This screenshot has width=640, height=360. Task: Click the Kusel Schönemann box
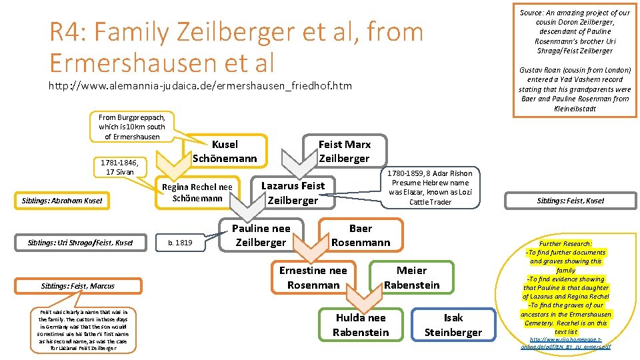[x=224, y=151]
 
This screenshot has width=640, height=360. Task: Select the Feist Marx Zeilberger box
[x=344, y=151]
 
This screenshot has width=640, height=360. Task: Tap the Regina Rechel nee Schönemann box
[x=197, y=193]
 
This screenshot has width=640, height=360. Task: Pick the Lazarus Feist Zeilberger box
[x=293, y=193]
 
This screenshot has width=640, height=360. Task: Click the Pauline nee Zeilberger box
[x=261, y=235]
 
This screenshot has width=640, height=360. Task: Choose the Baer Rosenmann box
[x=361, y=235]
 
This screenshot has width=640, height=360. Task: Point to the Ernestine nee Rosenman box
[x=313, y=277]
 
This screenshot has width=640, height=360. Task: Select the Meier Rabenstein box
[x=411, y=277]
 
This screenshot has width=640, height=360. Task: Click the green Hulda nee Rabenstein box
[x=361, y=325]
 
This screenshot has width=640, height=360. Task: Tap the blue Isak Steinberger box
[x=453, y=325]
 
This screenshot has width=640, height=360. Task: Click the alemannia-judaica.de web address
[x=201, y=86]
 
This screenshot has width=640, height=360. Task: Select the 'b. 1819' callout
[x=179, y=243]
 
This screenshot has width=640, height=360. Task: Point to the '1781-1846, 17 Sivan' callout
[x=117, y=167]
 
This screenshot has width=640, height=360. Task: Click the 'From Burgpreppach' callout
[x=132, y=127]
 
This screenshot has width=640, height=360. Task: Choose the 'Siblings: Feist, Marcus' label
[x=77, y=286]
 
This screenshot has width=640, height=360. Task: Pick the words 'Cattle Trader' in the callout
[x=430, y=202]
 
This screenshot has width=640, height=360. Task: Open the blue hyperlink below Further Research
[x=565, y=343]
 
